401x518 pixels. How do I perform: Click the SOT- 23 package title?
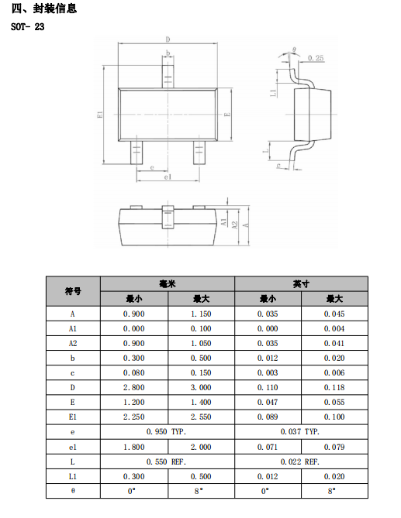[27, 27]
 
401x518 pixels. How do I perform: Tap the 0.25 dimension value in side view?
[316, 58]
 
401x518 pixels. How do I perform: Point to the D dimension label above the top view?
[168, 39]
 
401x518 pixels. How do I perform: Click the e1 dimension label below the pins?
[168, 177]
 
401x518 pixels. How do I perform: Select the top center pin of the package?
[168, 77]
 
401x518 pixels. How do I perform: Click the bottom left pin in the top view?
[137, 153]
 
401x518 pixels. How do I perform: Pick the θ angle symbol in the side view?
[294, 50]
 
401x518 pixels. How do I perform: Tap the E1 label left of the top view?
[100, 115]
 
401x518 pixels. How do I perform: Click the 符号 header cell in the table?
[73, 291]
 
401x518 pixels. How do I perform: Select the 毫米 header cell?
[168, 283]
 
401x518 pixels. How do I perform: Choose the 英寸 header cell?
[301, 283]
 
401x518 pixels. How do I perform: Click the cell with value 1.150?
[201, 314]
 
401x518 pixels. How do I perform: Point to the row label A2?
[73, 343]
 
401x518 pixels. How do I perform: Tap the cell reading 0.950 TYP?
[167, 432]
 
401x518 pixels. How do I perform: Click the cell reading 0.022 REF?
[300, 461]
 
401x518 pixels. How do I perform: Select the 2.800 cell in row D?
[134, 387]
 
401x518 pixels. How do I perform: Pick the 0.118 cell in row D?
[334, 387]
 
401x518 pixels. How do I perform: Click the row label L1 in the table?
[73, 476]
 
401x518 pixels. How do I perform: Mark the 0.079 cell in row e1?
[334, 447]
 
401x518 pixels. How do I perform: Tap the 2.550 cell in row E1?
[201, 417]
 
